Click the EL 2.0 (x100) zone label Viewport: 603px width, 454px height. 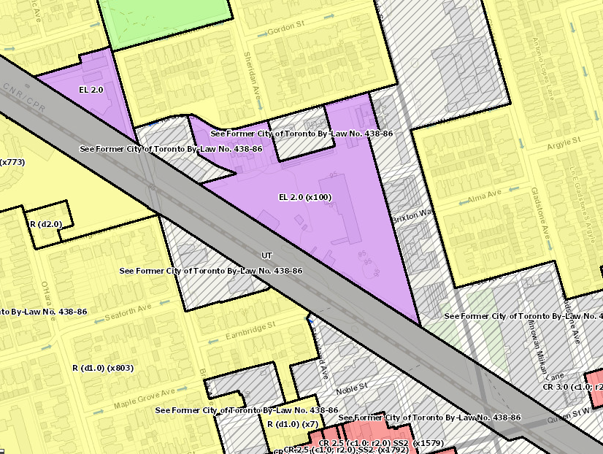coord(304,197)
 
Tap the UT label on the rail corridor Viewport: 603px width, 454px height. coord(266,255)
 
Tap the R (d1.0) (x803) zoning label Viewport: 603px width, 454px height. coord(103,367)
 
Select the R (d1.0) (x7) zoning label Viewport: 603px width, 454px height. coord(292,424)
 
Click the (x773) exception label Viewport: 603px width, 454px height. coord(12,162)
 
